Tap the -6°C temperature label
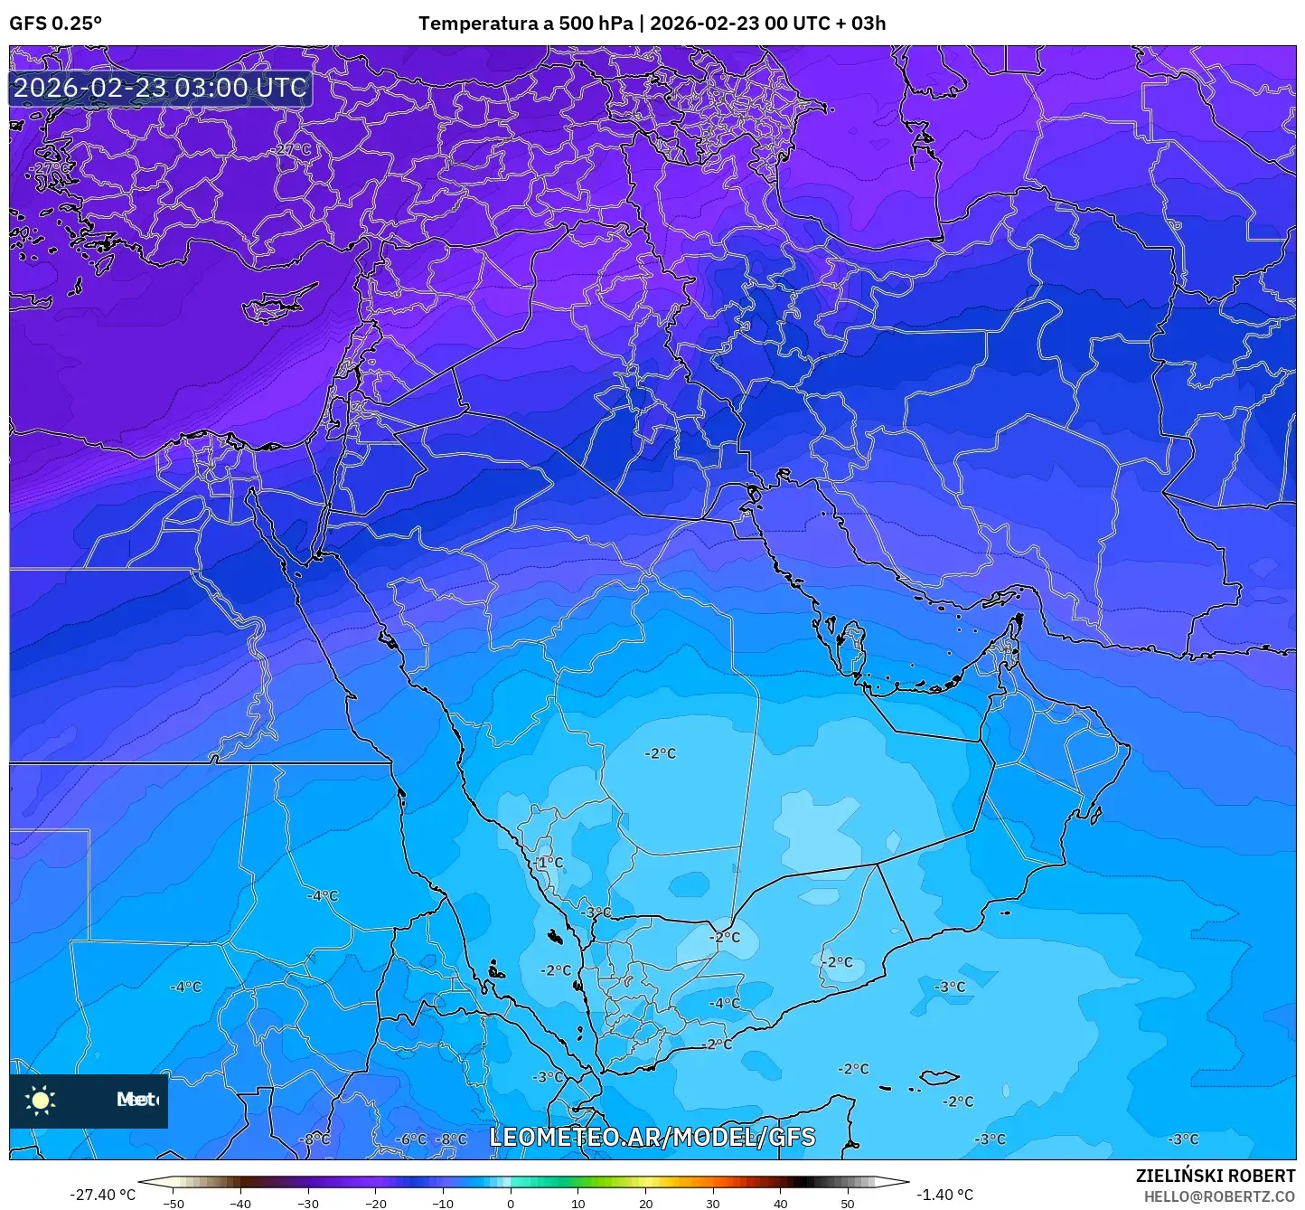(x=411, y=1139)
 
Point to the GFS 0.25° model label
(x=55, y=24)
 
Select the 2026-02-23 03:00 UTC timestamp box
(x=161, y=89)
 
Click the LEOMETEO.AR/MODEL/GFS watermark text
(x=652, y=1137)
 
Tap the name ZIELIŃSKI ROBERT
(x=1215, y=1176)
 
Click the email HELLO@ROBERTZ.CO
(x=1219, y=1196)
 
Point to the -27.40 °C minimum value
(x=102, y=1195)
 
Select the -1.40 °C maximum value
(x=944, y=1195)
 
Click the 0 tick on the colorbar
(x=511, y=1204)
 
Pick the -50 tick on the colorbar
(x=174, y=1204)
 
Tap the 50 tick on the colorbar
(x=848, y=1204)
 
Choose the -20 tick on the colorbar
(x=376, y=1204)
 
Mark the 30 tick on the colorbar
(x=713, y=1204)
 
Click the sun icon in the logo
(x=41, y=1100)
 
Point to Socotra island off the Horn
(x=940, y=1077)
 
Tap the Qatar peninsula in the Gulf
(x=852, y=648)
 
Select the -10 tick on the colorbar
(x=443, y=1204)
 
